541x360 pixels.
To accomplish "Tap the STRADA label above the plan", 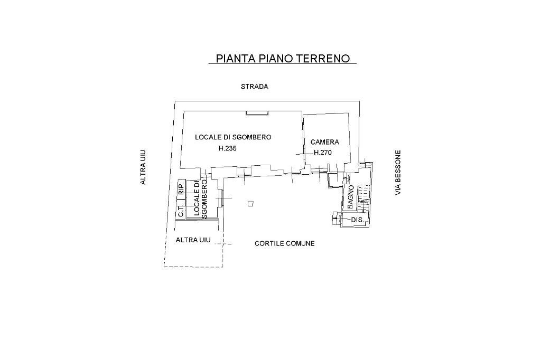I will click(x=255, y=87).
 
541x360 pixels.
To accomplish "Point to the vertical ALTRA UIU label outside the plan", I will click(x=143, y=168).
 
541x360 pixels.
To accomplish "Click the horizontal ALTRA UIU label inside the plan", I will click(x=193, y=240).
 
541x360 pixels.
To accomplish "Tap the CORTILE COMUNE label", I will click(x=285, y=243).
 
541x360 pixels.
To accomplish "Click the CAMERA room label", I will click(x=325, y=142).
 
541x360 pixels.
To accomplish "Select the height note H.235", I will click(x=228, y=148).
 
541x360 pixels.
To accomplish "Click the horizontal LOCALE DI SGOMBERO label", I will click(x=233, y=137).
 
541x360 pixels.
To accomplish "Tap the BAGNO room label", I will click(x=350, y=196).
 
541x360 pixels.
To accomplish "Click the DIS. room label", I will click(x=356, y=219).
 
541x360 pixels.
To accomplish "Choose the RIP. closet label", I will click(x=181, y=189).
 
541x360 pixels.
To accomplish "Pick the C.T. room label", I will click(x=181, y=211).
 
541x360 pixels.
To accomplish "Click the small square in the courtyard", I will click(x=250, y=204).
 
